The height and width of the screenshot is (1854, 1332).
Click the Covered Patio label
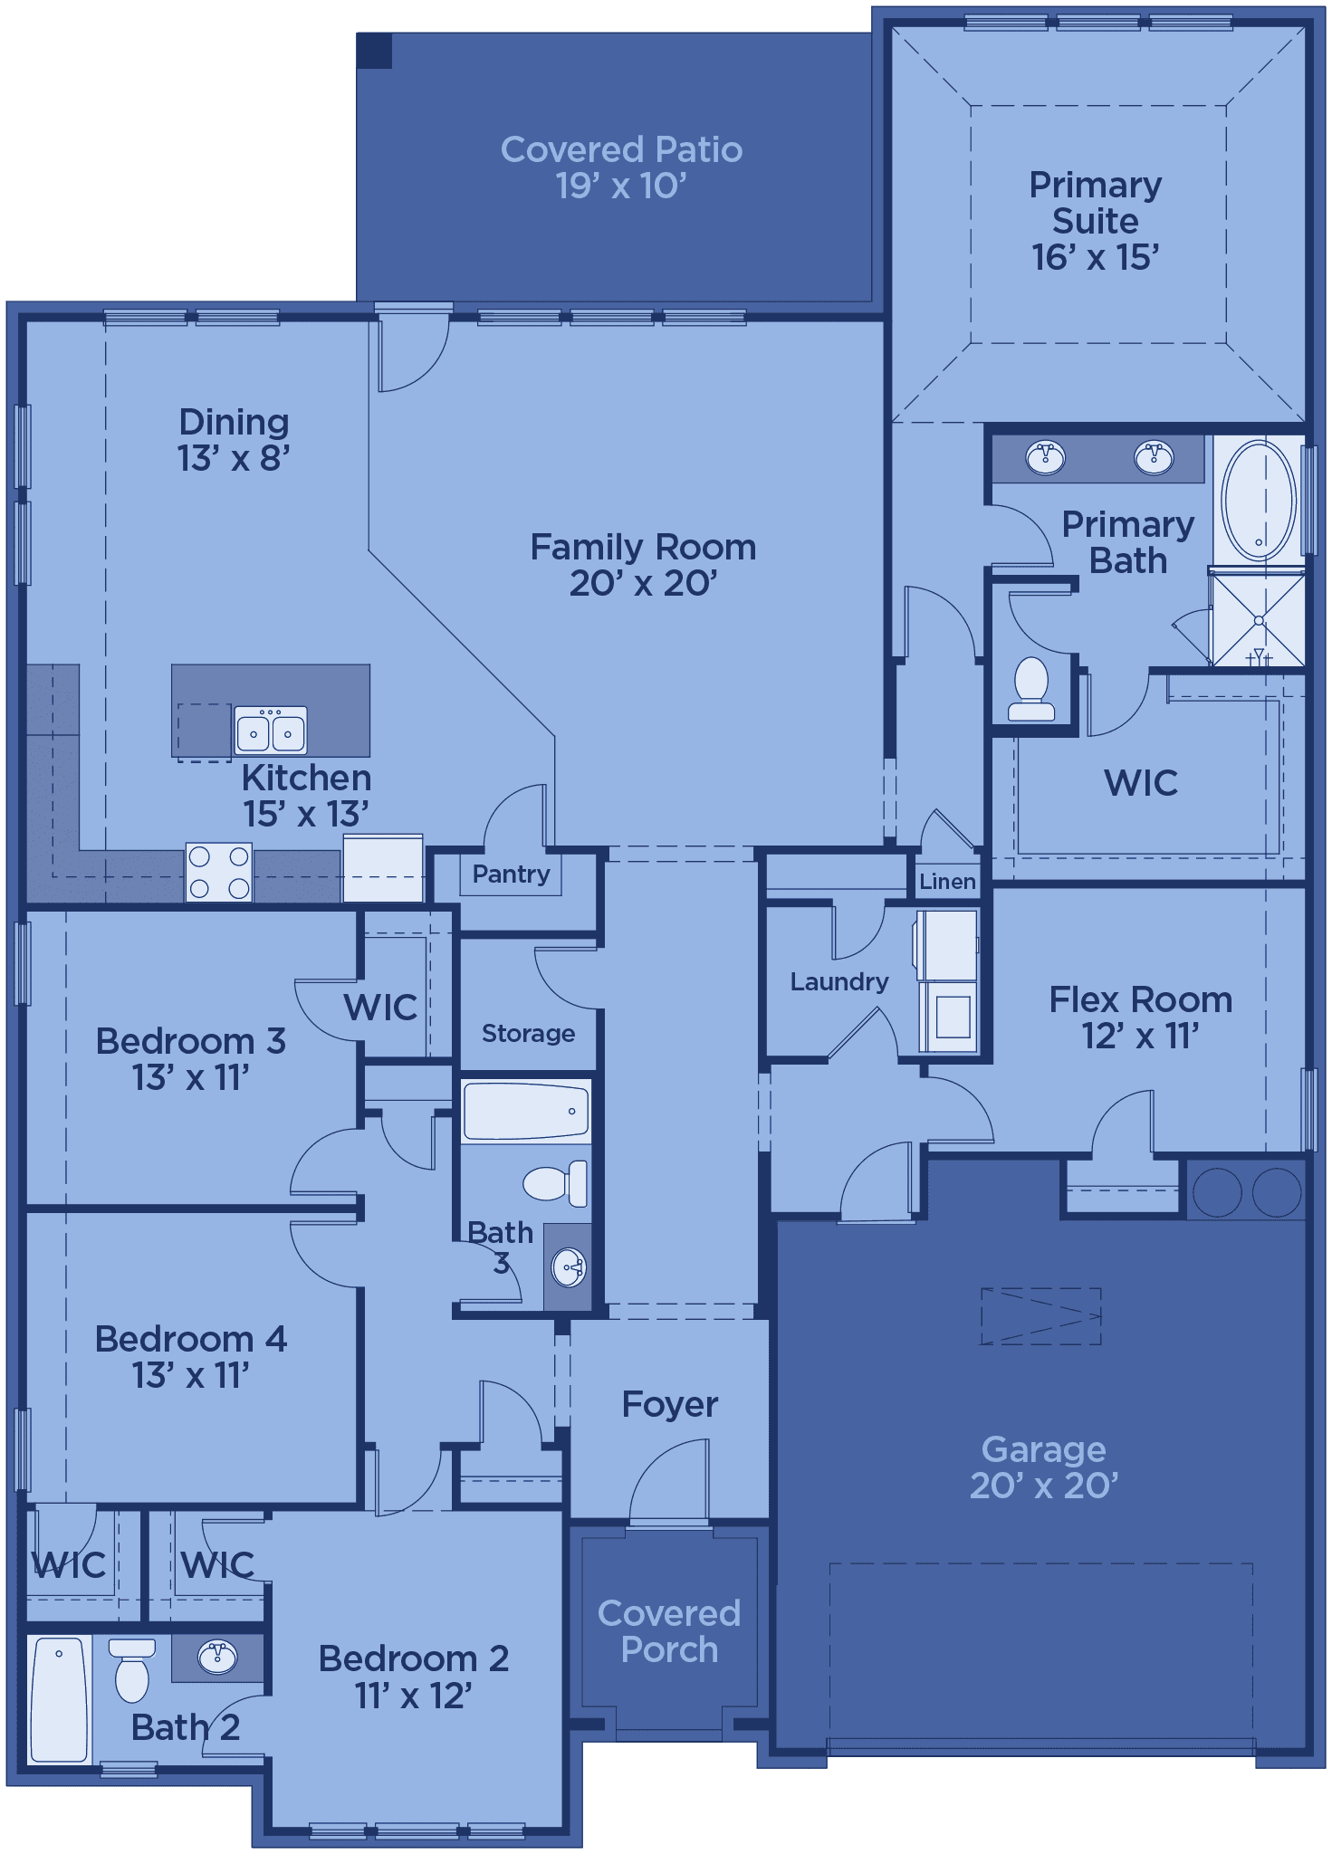click(621, 149)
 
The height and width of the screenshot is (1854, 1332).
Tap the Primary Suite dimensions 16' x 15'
click(1095, 258)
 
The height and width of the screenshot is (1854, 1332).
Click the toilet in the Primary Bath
click(1031, 687)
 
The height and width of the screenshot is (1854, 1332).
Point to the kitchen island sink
click(271, 730)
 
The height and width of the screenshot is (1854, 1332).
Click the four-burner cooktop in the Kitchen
click(218, 872)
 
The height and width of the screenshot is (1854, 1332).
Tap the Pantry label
click(511, 874)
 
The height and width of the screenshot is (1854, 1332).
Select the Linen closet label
click(947, 881)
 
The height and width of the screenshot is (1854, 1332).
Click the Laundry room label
click(839, 981)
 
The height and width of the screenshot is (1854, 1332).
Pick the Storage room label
click(528, 1033)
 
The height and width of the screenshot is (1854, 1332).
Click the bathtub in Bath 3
click(526, 1111)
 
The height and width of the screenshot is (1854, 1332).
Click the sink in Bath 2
click(217, 1658)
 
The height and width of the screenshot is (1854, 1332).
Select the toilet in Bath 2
click(132, 1670)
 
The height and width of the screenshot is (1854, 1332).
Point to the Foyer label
click(670, 1404)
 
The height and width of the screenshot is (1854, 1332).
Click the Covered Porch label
click(669, 1630)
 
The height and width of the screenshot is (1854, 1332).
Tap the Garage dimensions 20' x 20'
click(1044, 1486)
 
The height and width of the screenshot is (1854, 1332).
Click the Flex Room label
click(1141, 999)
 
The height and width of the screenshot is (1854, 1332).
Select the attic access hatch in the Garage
click(1041, 1315)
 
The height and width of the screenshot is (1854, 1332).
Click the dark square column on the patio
click(375, 51)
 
